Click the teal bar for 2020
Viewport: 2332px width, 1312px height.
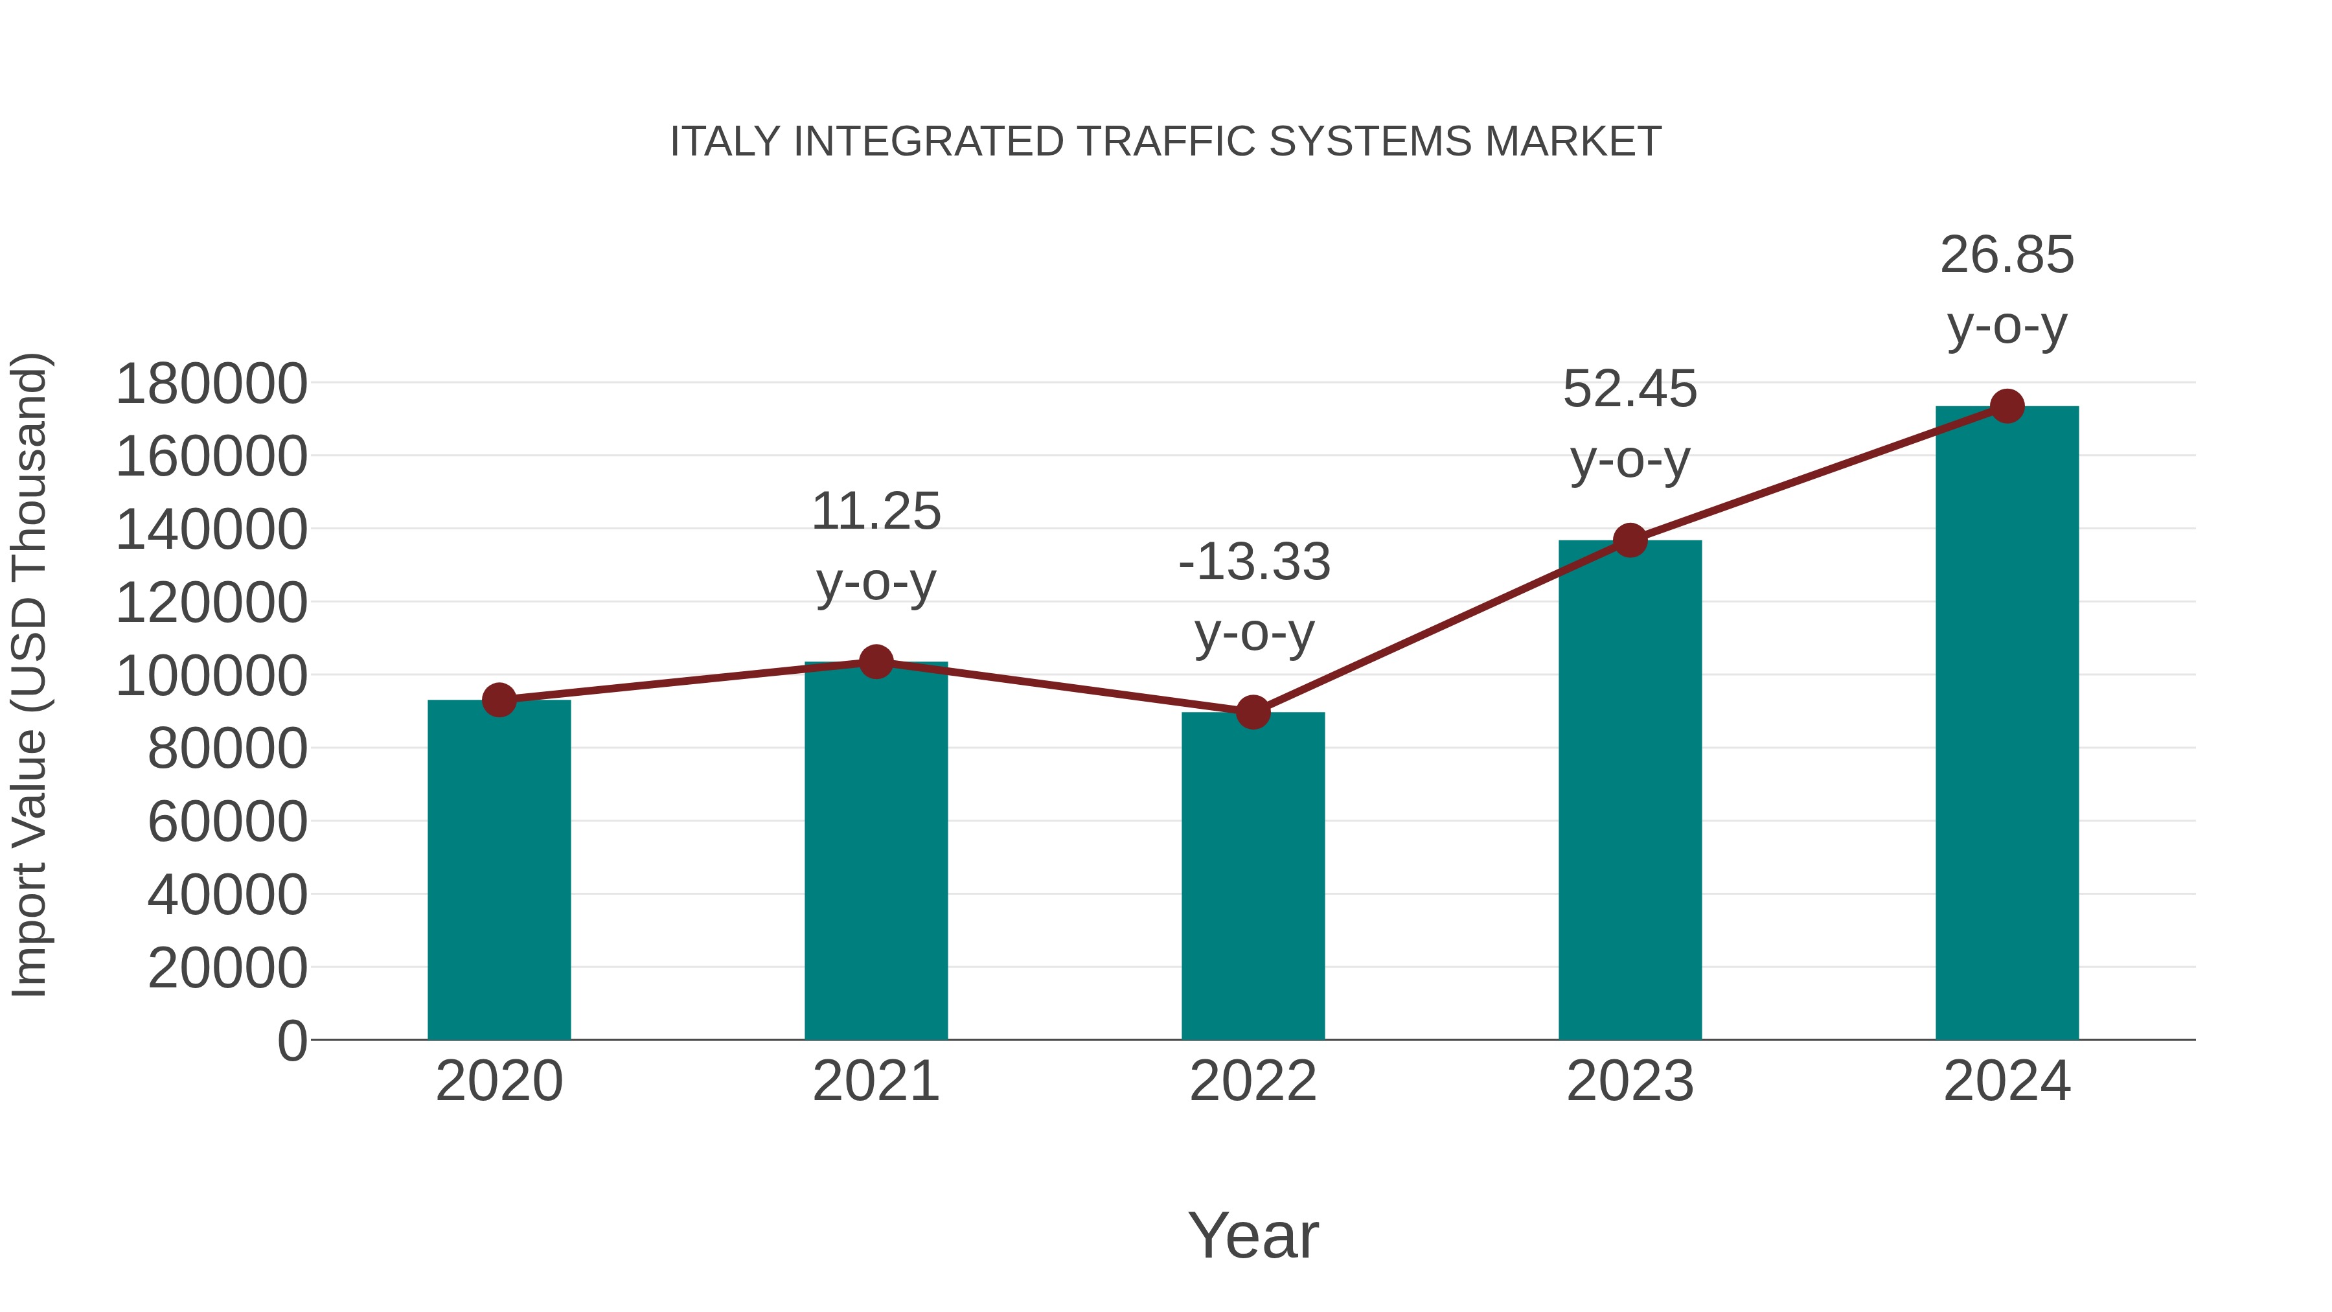point(499,869)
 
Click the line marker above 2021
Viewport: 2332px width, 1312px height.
point(875,662)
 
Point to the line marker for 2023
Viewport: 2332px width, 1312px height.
point(1630,540)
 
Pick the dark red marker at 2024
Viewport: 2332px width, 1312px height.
point(2007,406)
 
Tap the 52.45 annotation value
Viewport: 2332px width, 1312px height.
point(1630,389)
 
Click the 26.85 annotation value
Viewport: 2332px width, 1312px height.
point(2006,255)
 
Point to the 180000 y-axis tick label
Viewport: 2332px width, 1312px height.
point(212,384)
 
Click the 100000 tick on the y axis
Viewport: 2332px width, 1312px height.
point(212,676)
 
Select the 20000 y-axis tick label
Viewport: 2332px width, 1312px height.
point(227,968)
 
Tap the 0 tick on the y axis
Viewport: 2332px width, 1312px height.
point(292,1041)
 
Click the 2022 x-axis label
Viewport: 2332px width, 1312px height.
point(1253,1081)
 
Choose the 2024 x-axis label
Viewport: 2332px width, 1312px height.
point(2007,1081)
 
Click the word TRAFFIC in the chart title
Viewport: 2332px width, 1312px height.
point(1166,142)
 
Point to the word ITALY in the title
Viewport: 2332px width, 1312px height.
point(724,142)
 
